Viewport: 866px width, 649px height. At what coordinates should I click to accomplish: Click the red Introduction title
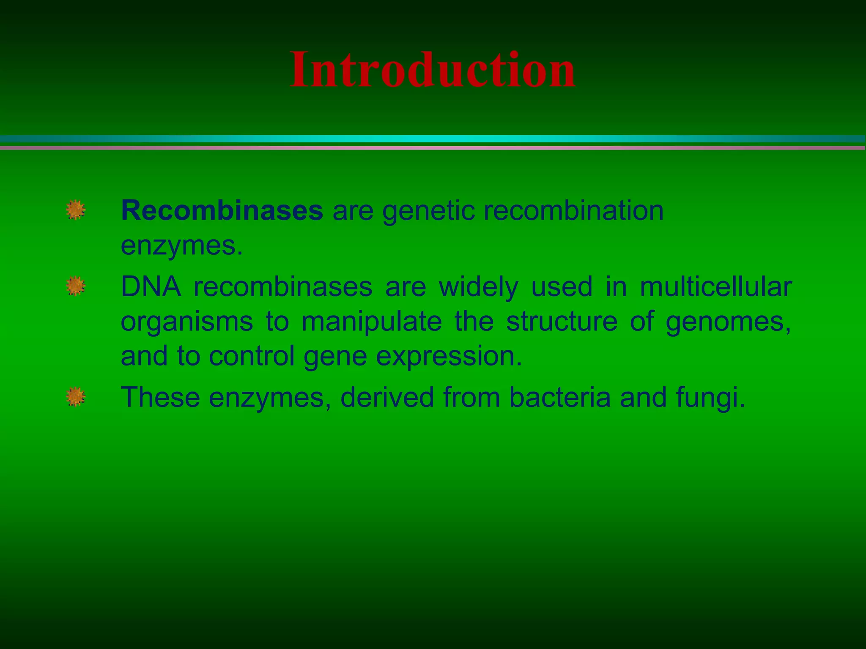[432, 70]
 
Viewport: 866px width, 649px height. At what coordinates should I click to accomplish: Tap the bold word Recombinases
[222, 210]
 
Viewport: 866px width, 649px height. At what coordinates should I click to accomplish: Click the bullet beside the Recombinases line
[76, 210]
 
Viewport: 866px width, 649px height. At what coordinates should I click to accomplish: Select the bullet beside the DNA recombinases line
[76, 286]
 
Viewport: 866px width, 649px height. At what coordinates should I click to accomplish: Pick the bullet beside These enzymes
[76, 397]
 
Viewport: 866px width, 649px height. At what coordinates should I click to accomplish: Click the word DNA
[151, 287]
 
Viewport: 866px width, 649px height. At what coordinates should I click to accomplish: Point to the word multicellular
[715, 287]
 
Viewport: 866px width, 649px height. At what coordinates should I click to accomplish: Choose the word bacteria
[560, 398]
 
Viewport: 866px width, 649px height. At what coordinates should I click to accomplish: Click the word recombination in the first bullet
[573, 210]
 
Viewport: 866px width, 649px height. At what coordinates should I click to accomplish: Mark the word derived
[387, 398]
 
